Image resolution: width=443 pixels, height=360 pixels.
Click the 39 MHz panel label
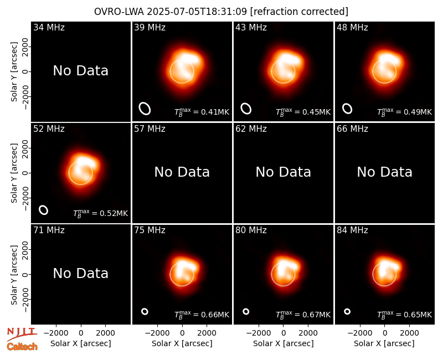point(150,27)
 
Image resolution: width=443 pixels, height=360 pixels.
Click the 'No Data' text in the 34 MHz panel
point(80,71)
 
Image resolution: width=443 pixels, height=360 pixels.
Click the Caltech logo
point(22,347)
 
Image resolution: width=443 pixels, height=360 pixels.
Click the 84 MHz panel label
point(352,230)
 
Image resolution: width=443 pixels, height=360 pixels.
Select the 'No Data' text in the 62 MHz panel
point(283,172)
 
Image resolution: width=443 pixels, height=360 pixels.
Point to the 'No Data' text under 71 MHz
point(80,274)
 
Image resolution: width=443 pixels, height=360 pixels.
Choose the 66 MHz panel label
point(352,129)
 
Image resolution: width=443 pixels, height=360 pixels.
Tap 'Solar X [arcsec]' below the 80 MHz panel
point(283,343)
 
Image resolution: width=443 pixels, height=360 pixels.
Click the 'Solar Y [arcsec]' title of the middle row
point(14,173)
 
